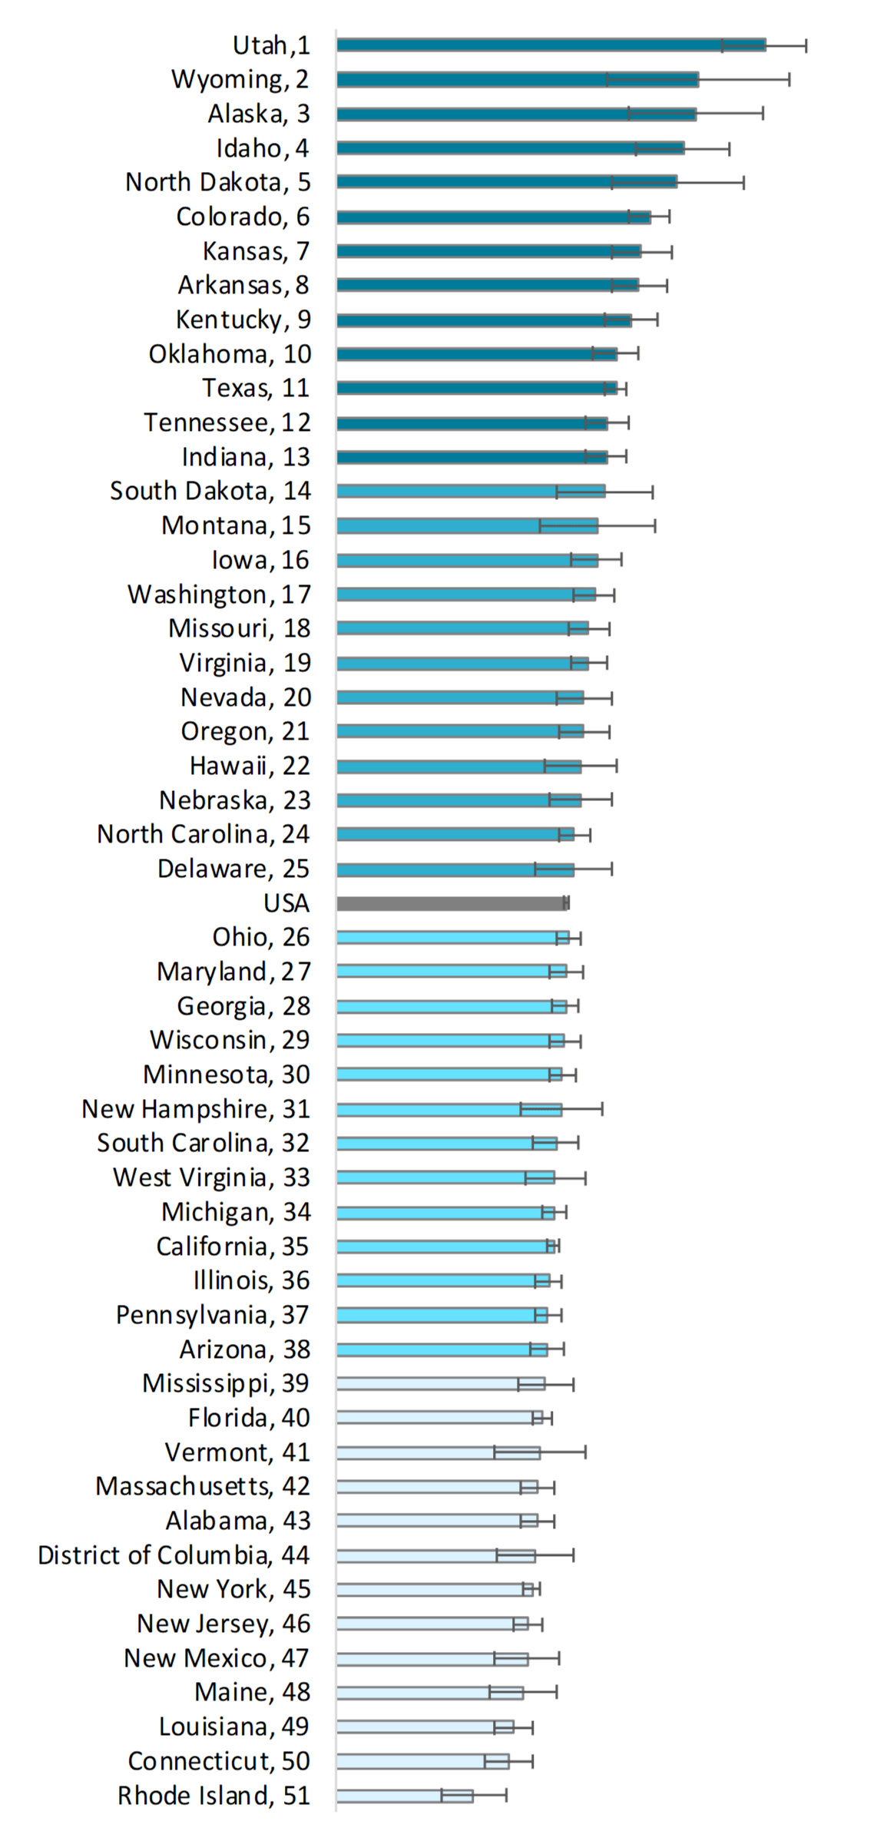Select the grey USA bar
[x=452, y=903]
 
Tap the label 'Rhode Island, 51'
[x=214, y=1796]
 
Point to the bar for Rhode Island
[x=404, y=1796]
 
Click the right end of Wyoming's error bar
[x=789, y=79]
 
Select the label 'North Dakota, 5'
[x=218, y=182]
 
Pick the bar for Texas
[x=476, y=389]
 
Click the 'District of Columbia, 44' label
[x=174, y=1555]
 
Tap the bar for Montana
[x=466, y=526]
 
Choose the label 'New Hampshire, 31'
[x=196, y=1109]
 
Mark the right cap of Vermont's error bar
[x=585, y=1452]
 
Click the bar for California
[x=445, y=1247]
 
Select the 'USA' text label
[x=286, y=903]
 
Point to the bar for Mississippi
[x=440, y=1384]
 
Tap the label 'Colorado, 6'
[x=243, y=217]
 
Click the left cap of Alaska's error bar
[x=629, y=114]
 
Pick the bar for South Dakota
[x=470, y=492]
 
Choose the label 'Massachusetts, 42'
[x=203, y=1486]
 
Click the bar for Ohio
[x=452, y=938]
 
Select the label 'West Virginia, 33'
[x=211, y=1177]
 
